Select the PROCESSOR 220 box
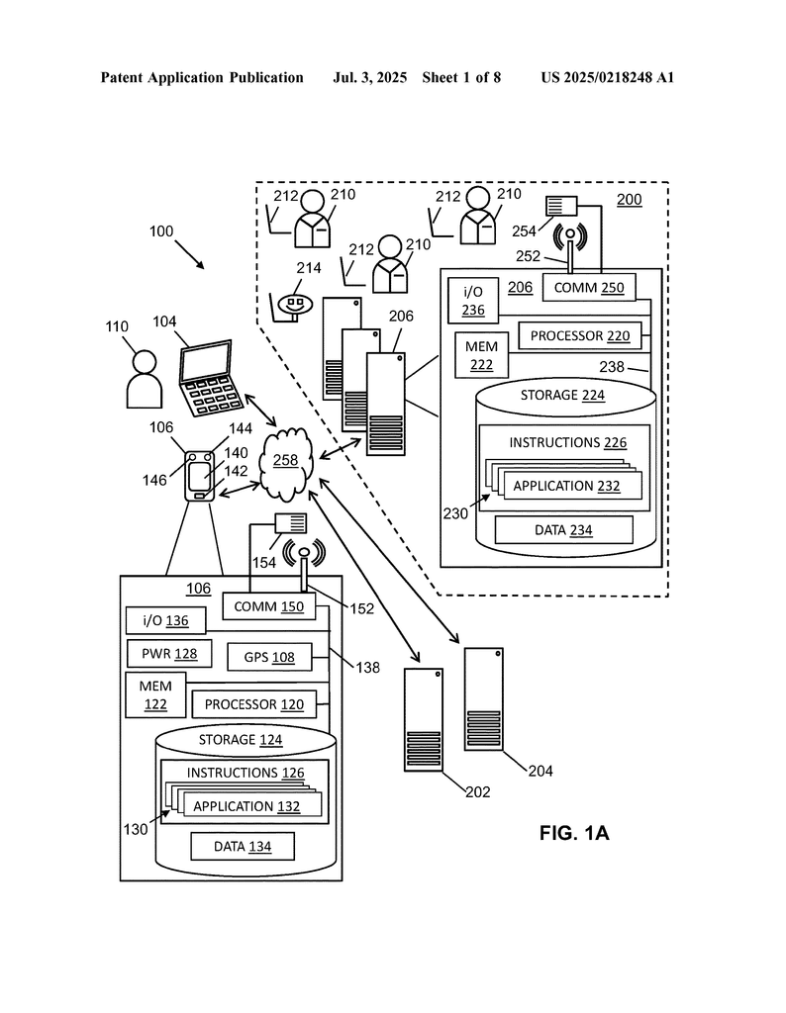[x=579, y=336]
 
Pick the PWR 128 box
[x=163, y=654]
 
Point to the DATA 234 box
[x=563, y=530]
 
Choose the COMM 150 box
[x=269, y=606]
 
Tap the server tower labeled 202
[x=424, y=719]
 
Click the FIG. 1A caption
[x=574, y=833]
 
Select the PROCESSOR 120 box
[x=254, y=704]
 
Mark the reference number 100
[x=160, y=231]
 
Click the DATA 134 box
[x=243, y=846]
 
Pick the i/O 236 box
[x=473, y=301]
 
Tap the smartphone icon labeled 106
[x=200, y=476]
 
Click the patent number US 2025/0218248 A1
[x=607, y=77]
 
